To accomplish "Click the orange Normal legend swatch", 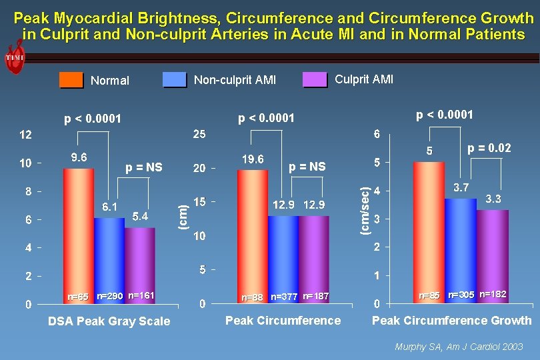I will [x=71, y=80].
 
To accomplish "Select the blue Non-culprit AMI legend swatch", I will [x=175, y=80].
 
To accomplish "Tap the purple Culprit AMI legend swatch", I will [x=315, y=79].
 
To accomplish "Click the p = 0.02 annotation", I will [x=489, y=148].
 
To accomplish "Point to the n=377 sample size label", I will [x=283, y=296].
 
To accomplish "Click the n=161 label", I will [x=141, y=295].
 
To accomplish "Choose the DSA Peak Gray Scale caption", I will [x=109, y=321].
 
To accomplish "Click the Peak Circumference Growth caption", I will [x=451, y=321].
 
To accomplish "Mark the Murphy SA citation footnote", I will [x=459, y=347].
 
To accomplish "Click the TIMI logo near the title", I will [x=14, y=58].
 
